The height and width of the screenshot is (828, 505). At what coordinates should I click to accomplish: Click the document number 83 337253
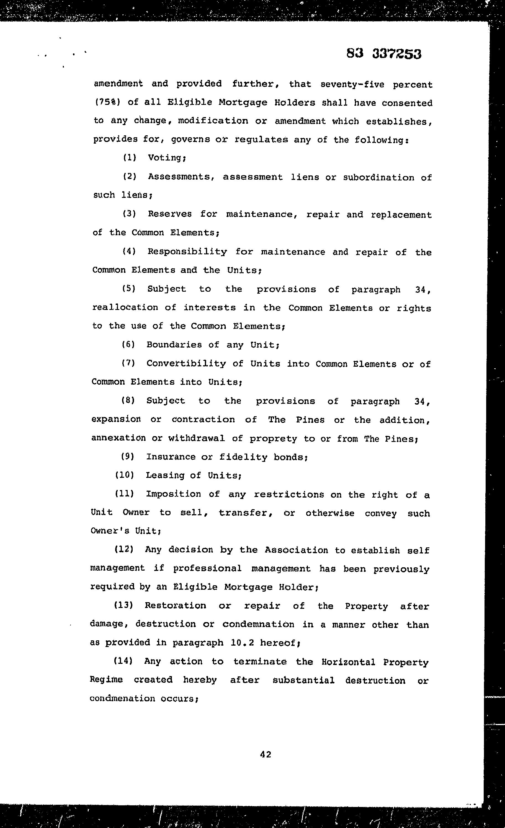(x=384, y=54)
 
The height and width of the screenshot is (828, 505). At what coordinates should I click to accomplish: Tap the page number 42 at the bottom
(x=266, y=754)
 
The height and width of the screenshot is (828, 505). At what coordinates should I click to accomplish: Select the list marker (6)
(x=128, y=345)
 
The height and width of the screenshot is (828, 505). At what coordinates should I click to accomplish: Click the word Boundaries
(x=174, y=345)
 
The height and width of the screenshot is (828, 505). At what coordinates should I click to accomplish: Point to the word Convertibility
(x=186, y=363)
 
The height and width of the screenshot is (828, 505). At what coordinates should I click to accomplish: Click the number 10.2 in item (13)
(x=242, y=643)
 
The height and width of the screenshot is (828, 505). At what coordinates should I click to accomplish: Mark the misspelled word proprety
(x=273, y=439)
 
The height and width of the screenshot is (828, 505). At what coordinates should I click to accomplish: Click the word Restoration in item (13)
(x=175, y=605)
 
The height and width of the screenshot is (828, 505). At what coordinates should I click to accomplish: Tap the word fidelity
(x=243, y=457)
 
